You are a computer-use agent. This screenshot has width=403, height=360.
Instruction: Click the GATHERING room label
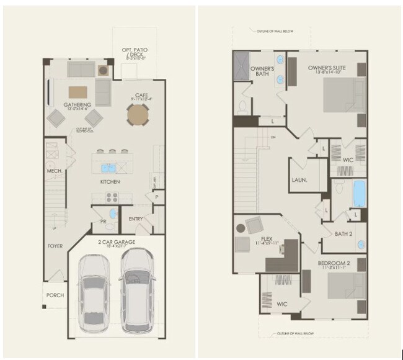click(x=77, y=104)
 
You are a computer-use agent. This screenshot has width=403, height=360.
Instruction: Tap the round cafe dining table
click(x=138, y=114)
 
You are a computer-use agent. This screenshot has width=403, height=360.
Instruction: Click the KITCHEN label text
click(x=110, y=182)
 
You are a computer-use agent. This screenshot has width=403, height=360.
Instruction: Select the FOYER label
click(x=55, y=246)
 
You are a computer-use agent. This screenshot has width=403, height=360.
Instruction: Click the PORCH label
click(x=55, y=295)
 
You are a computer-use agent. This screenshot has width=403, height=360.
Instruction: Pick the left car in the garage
click(x=95, y=292)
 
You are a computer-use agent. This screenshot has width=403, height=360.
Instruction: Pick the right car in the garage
click(x=137, y=290)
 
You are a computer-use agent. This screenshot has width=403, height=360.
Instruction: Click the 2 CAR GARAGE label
click(x=116, y=241)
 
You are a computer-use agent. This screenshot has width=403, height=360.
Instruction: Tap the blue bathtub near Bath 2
click(x=359, y=194)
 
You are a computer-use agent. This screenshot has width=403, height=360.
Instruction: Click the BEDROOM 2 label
click(x=334, y=263)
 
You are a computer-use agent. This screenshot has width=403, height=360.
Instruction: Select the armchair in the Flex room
click(x=254, y=225)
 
